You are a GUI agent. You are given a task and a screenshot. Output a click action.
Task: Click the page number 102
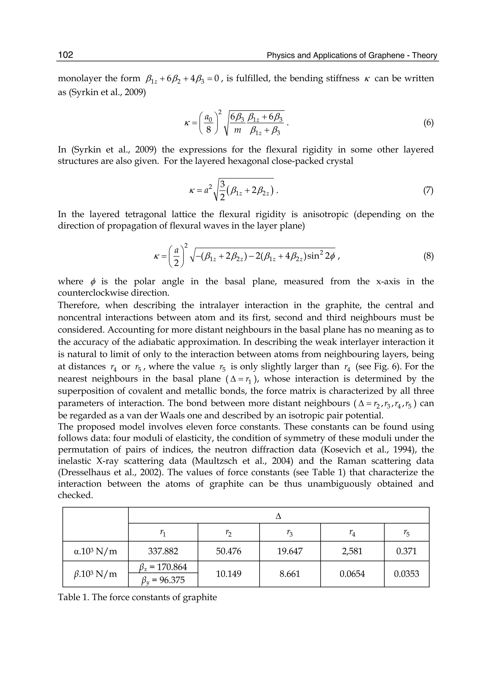[x=66, y=55]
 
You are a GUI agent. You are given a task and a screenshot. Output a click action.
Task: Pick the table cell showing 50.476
[x=229, y=551]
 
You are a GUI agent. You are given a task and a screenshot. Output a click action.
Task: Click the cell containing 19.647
[x=290, y=551]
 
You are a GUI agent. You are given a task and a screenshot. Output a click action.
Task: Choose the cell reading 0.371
[x=406, y=551]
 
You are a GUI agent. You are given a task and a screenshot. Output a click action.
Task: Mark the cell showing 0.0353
[x=406, y=574]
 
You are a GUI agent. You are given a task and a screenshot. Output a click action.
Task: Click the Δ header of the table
[x=278, y=516]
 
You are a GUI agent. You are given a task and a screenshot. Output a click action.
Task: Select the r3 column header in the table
[x=290, y=533]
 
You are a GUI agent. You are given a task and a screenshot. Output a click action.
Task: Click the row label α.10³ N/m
[x=95, y=551]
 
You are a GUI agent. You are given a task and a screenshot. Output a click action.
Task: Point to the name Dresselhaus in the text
[x=86, y=473]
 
